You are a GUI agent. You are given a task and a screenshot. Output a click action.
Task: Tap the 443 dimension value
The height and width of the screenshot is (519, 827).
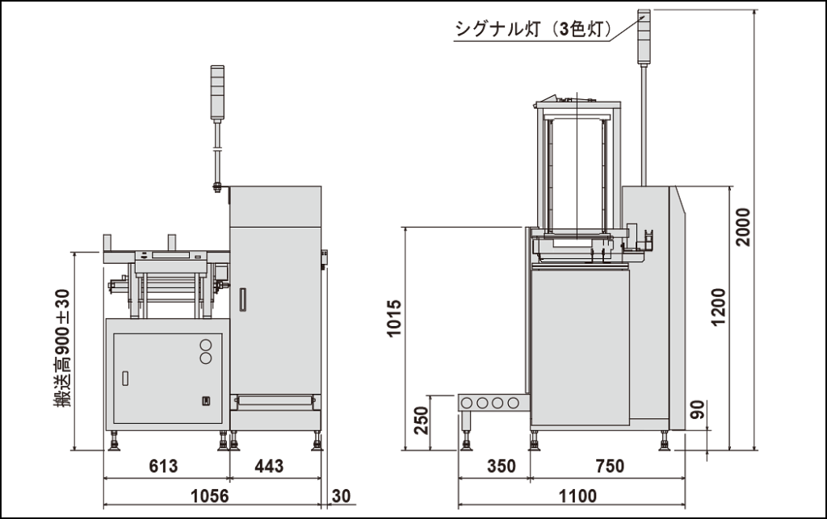pos(269,467)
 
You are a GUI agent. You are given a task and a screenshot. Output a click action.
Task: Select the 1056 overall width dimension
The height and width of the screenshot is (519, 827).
pos(209,495)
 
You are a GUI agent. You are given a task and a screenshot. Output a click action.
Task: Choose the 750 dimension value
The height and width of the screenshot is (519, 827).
pos(610,467)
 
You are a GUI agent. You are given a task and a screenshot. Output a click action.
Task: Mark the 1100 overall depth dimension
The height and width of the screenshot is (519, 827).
pos(577,495)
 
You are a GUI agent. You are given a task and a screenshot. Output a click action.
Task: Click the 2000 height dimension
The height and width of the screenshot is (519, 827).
pos(744,227)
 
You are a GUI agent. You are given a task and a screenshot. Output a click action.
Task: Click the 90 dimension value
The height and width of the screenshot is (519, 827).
pos(699,409)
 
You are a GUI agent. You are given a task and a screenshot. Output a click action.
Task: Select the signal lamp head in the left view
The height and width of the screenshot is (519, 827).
pos(216,93)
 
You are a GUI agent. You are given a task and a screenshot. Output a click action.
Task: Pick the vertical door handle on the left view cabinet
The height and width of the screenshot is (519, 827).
pos(241,299)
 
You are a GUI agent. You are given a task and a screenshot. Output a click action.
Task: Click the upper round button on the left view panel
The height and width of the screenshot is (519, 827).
pos(205,342)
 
